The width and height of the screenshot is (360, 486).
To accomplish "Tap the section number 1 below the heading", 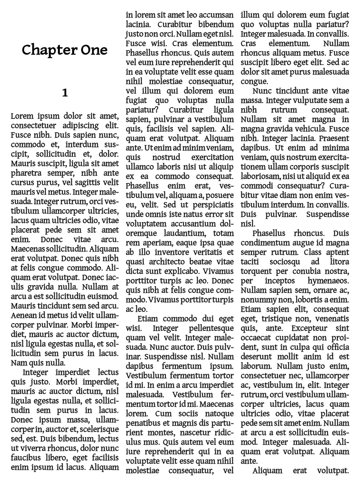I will tap(65, 93).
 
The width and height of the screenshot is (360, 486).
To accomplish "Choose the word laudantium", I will tap(185, 233).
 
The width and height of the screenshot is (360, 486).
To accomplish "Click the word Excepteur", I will tap(310, 328).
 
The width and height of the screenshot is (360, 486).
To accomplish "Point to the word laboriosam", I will tap(261, 176).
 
